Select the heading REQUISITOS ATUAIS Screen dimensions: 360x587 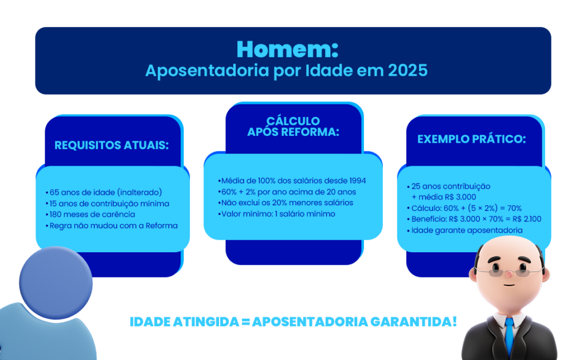[x=112, y=145]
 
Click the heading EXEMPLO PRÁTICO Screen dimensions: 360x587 [x=471, y=139]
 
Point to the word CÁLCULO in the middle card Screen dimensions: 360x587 [x=293, y=121]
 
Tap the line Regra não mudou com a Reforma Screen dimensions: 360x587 [x=112, y=225]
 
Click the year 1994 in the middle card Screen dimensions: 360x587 [x=355, y=181]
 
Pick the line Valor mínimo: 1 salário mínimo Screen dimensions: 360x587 [x=277, y=214]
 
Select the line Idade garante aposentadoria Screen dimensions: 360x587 [x=465, y=230]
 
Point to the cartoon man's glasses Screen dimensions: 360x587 [x=509, y=267]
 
